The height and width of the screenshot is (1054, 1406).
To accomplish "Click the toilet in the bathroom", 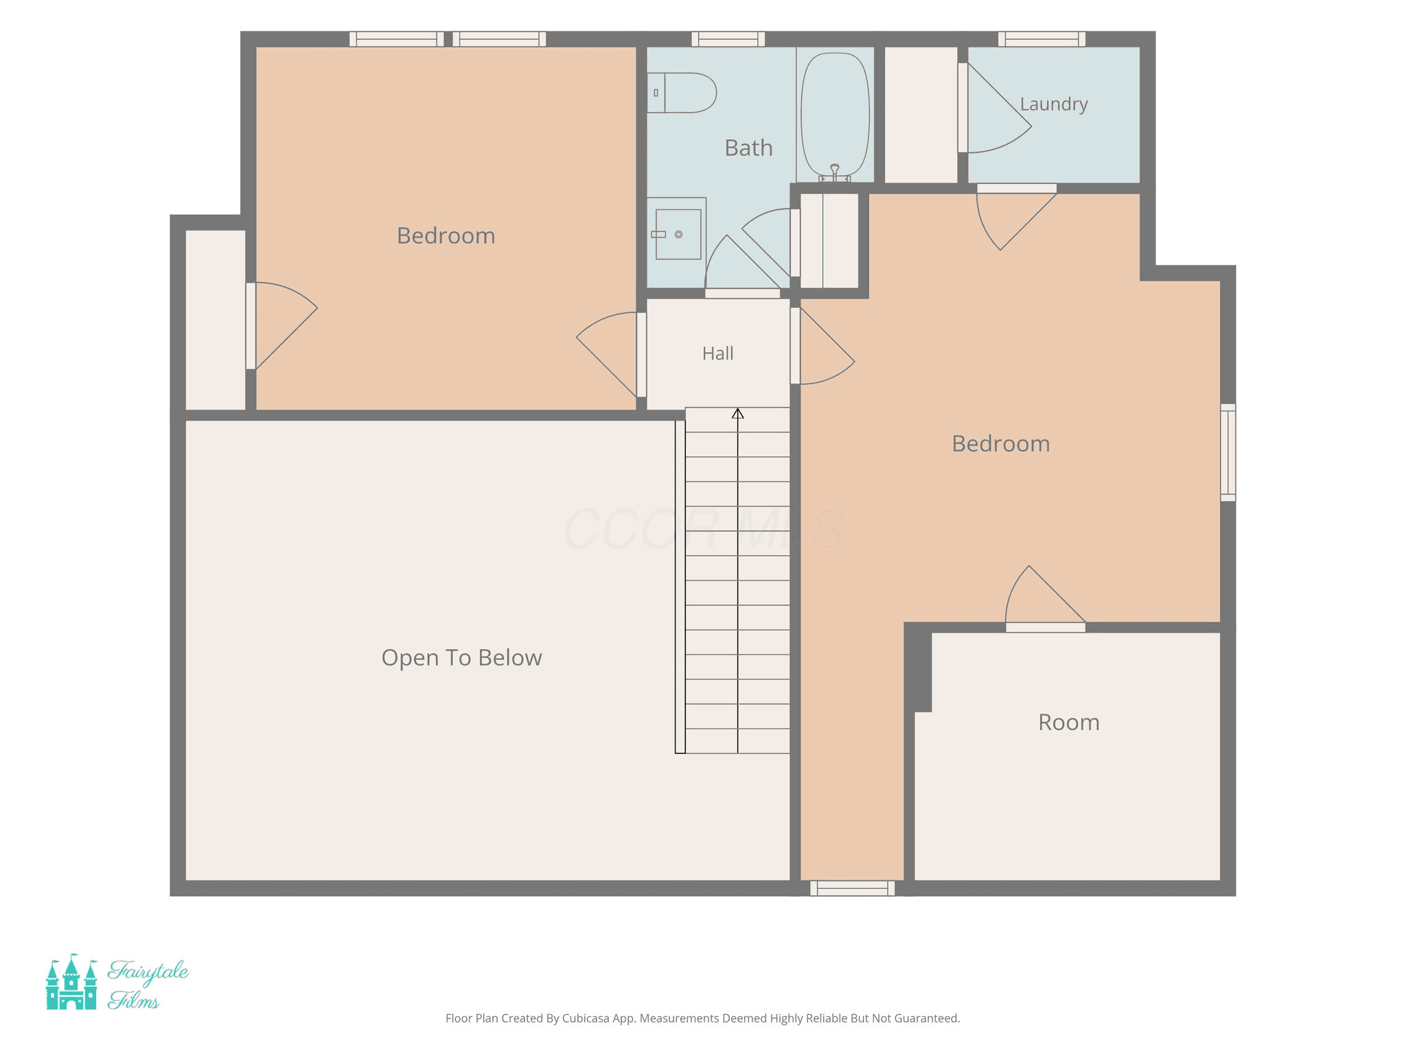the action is pyautogui.click(x=681, y=93).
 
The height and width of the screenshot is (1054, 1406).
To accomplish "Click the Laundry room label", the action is pyautogui.click(x=1054, y=104).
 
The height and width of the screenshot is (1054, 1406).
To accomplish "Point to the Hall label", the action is pyautogui.click(x=718, y=353).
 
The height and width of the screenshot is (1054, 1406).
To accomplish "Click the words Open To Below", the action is pyautogui.click(x=462, y=657).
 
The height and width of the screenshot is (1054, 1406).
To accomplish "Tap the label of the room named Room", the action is pyautogui.click(x=1069, y=723).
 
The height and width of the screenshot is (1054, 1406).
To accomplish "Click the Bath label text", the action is pyautogui.click(x=749, y=148).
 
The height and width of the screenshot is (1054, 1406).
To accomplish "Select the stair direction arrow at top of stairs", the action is pyautogui.click(x=738, y=413).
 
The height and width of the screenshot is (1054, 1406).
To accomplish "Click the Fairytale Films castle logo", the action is pyautogui.click(x=71, y=982).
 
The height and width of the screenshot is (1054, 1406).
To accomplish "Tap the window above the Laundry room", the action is pyautogui.click(x=1042, y=39).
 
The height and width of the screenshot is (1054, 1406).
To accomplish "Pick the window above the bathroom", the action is pyautogui.click(x=728, y=39).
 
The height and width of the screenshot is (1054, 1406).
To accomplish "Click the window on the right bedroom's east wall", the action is pyautogui.click(x=1228, y=453).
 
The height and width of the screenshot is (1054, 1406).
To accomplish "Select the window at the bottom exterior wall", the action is pyautogui.click(x=853, y=889).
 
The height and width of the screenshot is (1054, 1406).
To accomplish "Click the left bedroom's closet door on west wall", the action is pyautogui.click(x=281, y=326).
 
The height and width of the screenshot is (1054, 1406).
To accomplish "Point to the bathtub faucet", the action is pyautogui.click(x=835, y=172).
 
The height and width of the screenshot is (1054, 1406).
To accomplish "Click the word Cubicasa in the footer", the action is pyautogui.click(x=586, y=1018).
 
